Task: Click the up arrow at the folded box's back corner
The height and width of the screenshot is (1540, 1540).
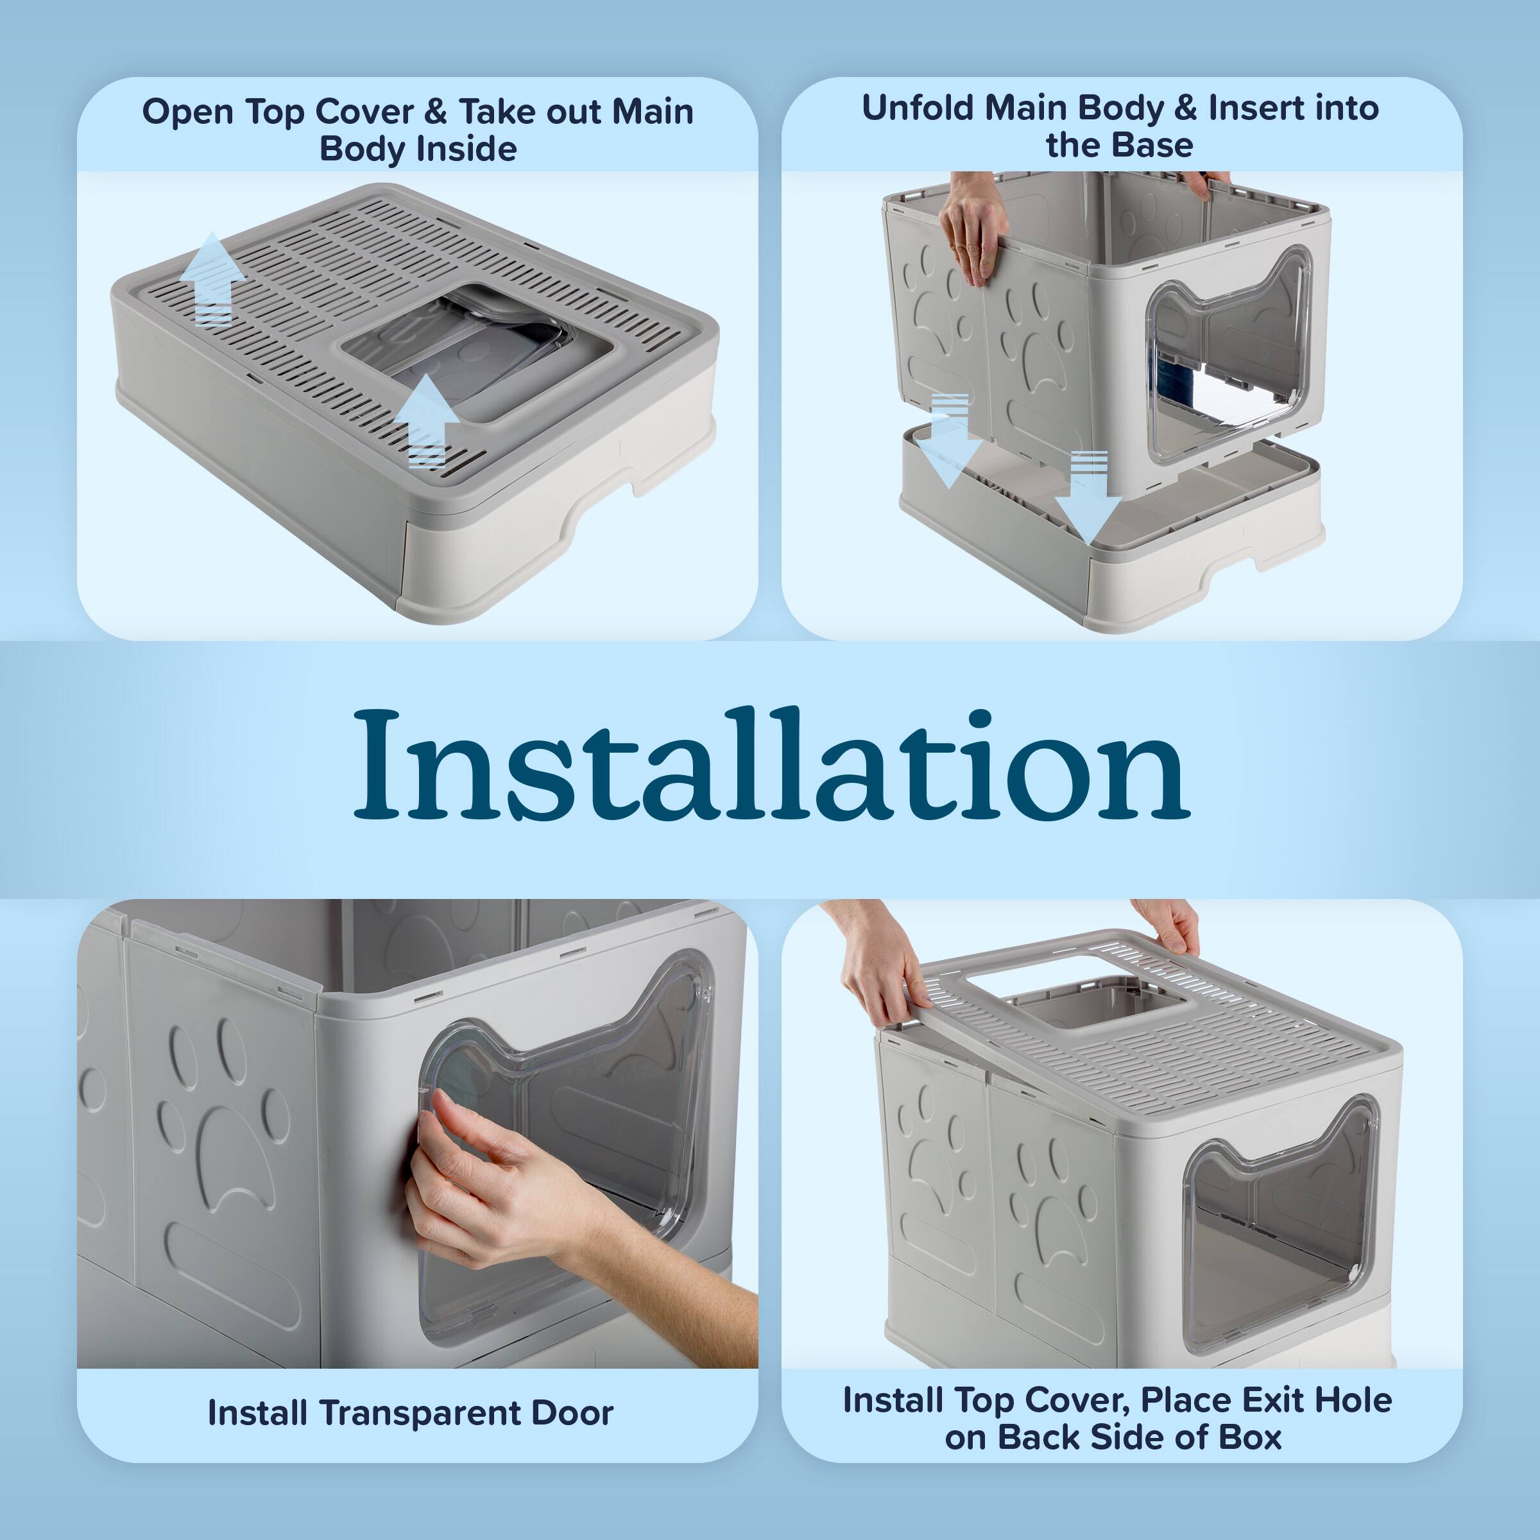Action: [212, 279]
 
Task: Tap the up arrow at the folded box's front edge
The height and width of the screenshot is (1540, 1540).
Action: [427, 419]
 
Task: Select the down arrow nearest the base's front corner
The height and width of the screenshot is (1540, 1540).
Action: [1088, 494]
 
